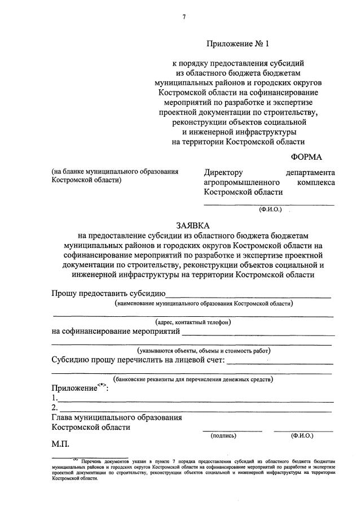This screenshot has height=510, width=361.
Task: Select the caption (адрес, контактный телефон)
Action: pos(193,322)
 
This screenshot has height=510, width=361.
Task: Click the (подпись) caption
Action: pos(223,436)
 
